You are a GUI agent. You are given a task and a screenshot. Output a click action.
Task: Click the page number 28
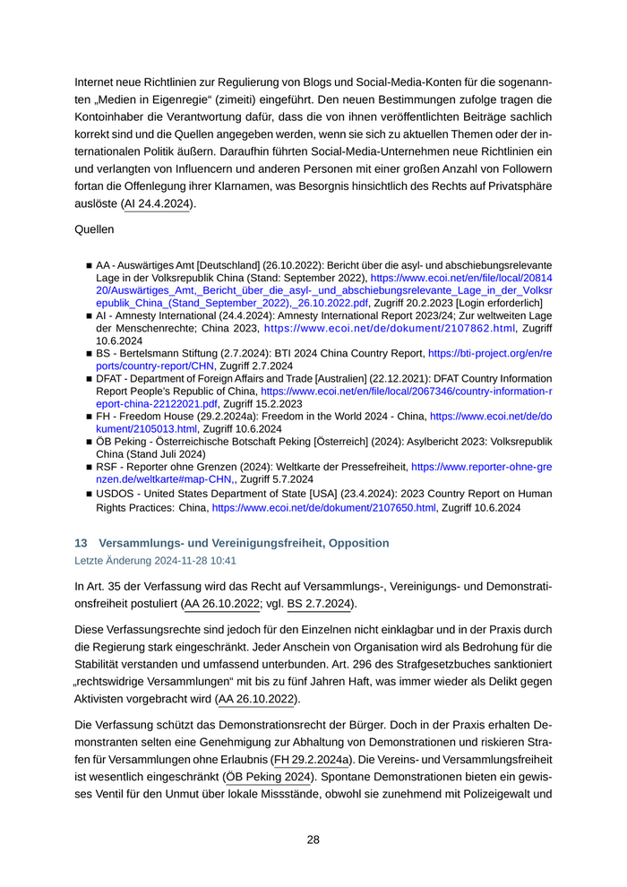[x=313, y=840]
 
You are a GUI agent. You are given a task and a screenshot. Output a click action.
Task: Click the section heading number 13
[x=81, y=543]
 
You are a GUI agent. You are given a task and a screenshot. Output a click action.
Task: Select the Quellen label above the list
[x=94, y=229]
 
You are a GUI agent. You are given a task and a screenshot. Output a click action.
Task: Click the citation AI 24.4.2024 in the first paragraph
[x=158, y=204]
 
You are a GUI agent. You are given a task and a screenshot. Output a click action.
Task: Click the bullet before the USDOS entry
[x=90, y=494]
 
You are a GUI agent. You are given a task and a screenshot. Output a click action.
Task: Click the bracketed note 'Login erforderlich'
[x=506, y=304]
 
